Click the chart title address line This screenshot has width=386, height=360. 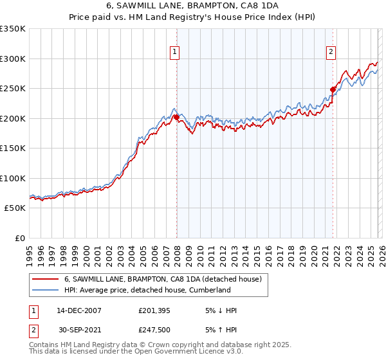click(192, 6)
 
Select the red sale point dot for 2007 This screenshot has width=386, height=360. click(176, 118)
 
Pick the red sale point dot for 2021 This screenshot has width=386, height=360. click(333, 90)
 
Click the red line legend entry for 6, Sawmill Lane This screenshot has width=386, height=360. click(163, 280)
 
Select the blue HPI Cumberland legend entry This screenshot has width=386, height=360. click(147, 291)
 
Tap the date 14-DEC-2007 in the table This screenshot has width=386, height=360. click(79, 310)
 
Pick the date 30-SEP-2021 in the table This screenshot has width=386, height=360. click(79, 330)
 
